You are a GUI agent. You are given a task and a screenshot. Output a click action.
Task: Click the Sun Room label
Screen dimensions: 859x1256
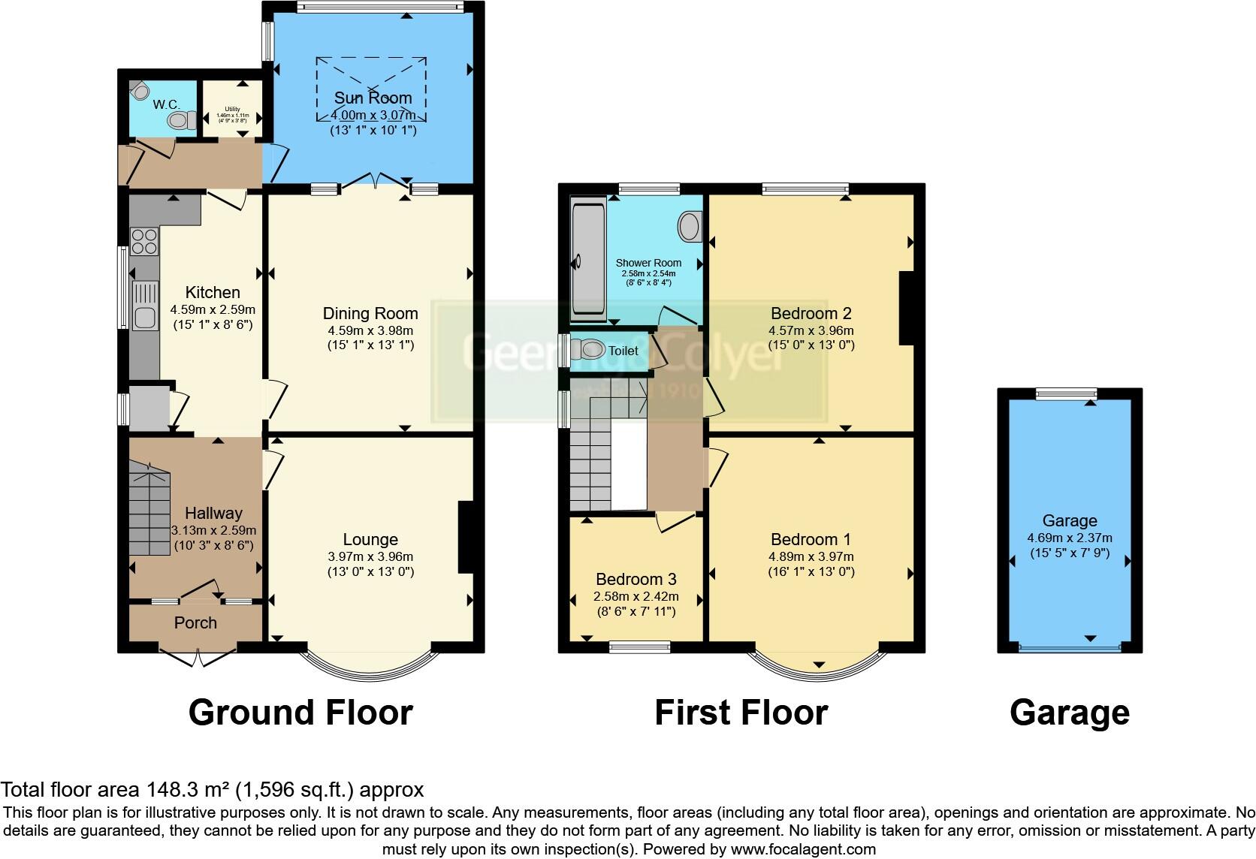click(373, 98)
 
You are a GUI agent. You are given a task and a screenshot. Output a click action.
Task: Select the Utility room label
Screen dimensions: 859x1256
click(231, 110)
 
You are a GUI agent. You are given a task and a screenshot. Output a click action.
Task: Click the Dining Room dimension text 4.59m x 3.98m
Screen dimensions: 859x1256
click(370, 330)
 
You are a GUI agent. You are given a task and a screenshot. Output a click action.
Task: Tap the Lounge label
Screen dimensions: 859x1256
click(370, 539)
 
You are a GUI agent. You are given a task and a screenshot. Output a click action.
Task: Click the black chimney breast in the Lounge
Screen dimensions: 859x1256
click(466, 538)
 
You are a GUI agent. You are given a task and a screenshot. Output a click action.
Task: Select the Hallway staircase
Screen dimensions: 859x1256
click(149, 503)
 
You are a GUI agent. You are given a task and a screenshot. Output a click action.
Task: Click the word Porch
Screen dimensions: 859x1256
click(195, 622)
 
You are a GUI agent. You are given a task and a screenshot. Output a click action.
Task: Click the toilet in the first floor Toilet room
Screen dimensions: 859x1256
click(592, 349)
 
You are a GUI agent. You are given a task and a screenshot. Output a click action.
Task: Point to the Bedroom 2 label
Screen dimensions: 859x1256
click(811, 313)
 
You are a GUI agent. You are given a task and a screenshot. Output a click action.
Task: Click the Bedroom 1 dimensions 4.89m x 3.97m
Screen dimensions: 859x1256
click(811, 556)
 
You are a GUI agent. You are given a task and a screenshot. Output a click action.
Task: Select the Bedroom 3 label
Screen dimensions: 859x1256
click(636, 579)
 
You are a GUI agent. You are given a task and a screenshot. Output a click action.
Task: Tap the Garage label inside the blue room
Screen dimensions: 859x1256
click(1069, 520)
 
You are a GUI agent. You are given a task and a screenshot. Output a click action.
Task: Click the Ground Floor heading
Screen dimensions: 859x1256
click(300, 712)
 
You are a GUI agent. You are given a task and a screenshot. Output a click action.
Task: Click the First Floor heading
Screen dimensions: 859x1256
click(741, 712)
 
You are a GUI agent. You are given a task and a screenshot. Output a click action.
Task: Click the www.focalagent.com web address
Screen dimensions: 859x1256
click(802, 849)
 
